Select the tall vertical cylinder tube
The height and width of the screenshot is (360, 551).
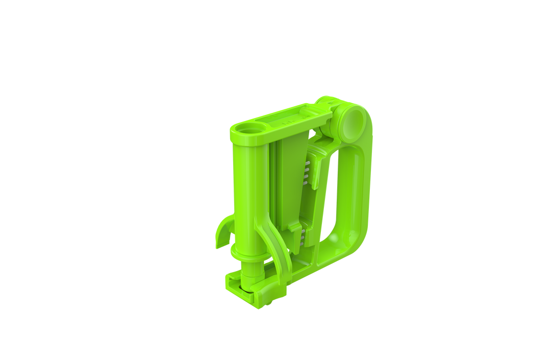(244, 194)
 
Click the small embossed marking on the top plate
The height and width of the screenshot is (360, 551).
(286, 123)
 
